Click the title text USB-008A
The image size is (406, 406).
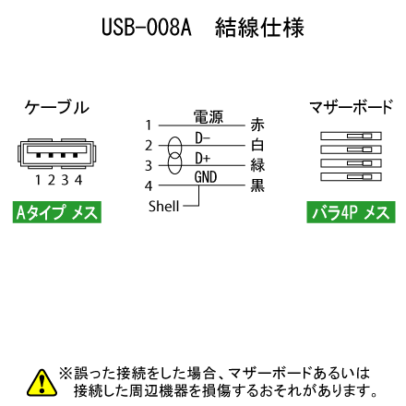147,27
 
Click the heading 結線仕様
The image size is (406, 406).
259,28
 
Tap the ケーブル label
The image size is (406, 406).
57,107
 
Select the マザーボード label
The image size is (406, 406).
351,107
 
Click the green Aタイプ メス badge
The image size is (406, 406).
57,212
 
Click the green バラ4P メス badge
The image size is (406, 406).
351,212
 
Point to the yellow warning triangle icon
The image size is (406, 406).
42,383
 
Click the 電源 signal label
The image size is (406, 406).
209,117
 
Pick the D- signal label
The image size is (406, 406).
202,137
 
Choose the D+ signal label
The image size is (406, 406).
202,158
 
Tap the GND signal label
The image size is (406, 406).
206,177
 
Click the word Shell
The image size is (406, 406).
163,206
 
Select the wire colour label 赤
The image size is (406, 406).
257,125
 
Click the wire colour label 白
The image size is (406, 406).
257,145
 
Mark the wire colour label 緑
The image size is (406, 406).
257,165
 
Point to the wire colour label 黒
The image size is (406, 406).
257,185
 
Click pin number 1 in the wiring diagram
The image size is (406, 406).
149,125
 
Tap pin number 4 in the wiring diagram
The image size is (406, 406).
149,185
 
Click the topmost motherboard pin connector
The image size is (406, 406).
351,136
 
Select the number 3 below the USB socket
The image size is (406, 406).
65,180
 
